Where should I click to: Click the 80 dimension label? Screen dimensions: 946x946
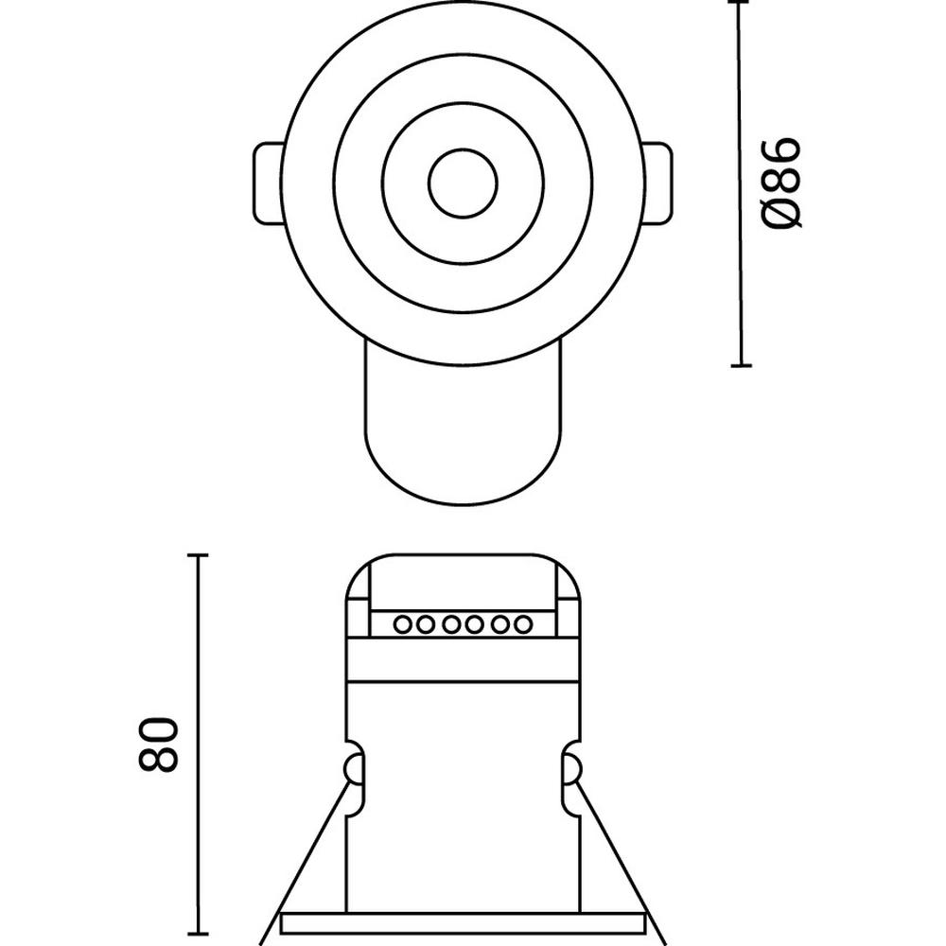point(159,744)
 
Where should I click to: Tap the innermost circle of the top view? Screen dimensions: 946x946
point(463,183)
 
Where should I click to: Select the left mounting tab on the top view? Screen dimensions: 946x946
point(268,184)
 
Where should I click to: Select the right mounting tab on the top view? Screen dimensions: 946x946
point(657,184)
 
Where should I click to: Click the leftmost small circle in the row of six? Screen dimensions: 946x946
point(402,624)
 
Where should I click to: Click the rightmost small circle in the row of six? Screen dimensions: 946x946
point(523,624)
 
